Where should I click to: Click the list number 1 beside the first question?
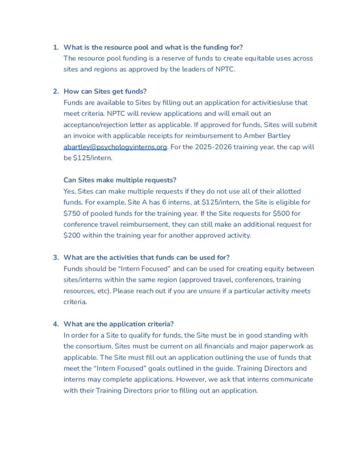pyautogui.click(x=55, y=47)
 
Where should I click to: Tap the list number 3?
pyautogui.click(x=55, y=258)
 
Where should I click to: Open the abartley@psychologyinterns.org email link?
pyautogui.click(x=115, y=147)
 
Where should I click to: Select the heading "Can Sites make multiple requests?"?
pyautogui.click(x=120, y=180)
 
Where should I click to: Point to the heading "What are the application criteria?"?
pyautogui.click(x=119, y=324)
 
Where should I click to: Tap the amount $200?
pyautogui.click(x=72, y=236)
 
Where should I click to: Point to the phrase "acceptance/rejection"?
pyautogui.click(x=97, y=125)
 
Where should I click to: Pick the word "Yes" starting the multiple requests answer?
pyautogui.click(x=69, y=191)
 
